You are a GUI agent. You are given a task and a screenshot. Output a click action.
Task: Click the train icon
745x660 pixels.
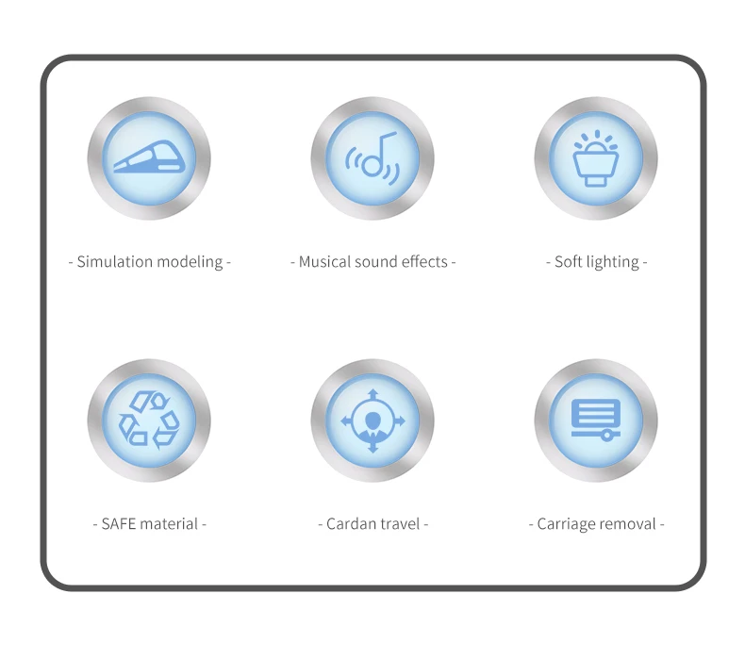(149, 157)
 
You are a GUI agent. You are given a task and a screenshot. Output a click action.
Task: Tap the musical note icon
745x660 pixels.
(372, 157)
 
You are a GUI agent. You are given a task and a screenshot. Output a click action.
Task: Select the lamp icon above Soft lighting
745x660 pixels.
(596, 157)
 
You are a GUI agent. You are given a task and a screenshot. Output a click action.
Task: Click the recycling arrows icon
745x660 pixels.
(149, 420)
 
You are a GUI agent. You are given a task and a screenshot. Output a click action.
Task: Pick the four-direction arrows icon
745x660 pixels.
(372, 420)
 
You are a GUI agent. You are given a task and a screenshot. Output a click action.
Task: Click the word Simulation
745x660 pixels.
(115, 262)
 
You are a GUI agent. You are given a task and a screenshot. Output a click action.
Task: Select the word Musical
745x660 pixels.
(324, 262)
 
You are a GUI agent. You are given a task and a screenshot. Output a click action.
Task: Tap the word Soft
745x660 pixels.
(569, 262)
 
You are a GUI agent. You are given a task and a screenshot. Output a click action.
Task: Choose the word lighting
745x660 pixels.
(612, 262)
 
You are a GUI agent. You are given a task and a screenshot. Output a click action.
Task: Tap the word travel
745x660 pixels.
(401, 524)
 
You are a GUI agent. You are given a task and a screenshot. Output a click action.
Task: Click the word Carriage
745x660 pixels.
(568, 524)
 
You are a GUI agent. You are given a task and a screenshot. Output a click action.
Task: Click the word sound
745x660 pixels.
(376, 262)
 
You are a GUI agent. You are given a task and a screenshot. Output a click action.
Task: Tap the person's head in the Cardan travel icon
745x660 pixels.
(372, 418)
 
